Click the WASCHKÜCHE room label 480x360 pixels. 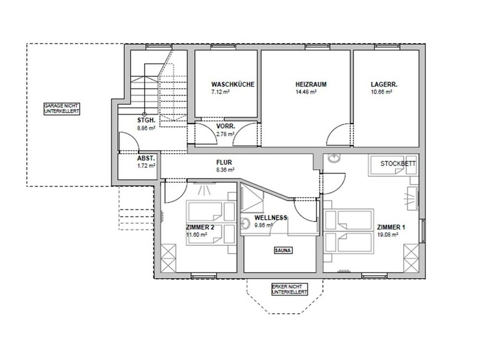[x=233, y=84]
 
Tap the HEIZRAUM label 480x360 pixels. [x=311, y=84]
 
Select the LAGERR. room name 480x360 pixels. [x=384, y=84]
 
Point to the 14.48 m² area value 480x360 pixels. [x=306, y=92]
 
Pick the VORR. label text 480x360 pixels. [x=226, y=126]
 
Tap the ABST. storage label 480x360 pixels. [x=146, y=159]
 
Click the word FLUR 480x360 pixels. [x=224, y=162]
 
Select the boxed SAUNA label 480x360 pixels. [x=283, y=250]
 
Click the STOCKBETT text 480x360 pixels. [x=398, y=164]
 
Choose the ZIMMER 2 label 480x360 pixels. [x=200, y=228]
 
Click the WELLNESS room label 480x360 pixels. [x=271, y=218]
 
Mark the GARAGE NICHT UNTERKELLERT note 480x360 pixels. [x=62, y=109]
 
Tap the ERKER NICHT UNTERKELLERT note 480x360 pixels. [x=290, y=289]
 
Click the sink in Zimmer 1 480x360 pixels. [x=334, y=158]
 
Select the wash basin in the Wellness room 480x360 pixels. [x=245, y=223]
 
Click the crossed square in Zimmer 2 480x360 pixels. [x=169, y=258]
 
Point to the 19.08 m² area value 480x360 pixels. [x=388, y=235]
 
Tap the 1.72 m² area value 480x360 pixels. [x=146, y=166]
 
